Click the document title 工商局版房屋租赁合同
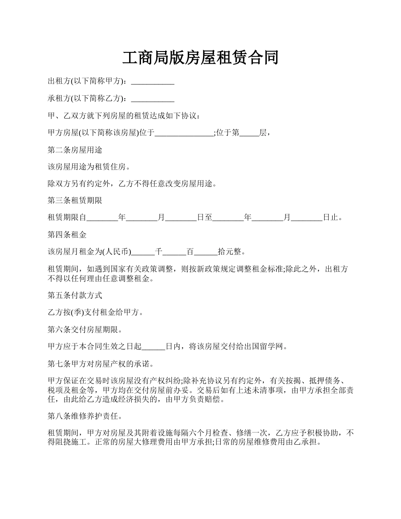[x=200, y=58]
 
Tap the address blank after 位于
[x=184, y=133]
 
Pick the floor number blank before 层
[x=249, y=133]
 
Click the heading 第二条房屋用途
[x=75, y=150]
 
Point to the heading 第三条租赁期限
[x=75, y=200]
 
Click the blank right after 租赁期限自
[x=102, y=218]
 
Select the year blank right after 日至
[x=228, y=218]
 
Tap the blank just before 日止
[x=307, y=218]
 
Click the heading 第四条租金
[x=67, y=235]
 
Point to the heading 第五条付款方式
[x=75, y=295]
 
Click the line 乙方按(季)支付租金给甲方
[x=96, y=313]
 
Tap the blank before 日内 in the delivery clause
[x=153, y=347]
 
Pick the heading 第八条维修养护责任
[x=85, y=416]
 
